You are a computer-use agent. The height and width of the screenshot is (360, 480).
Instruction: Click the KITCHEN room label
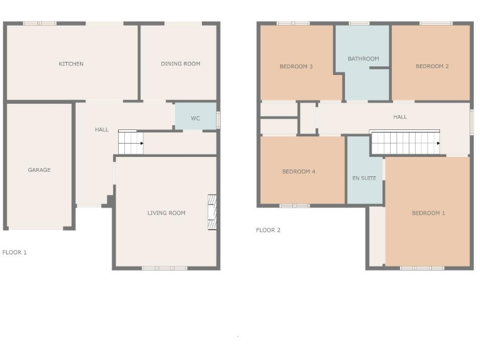71,64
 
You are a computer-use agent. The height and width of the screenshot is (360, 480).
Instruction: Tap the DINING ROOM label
180,64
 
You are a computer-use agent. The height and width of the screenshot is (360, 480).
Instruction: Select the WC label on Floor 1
195,118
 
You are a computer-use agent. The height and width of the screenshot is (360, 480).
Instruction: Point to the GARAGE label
39,170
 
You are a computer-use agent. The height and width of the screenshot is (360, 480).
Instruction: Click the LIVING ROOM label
166,213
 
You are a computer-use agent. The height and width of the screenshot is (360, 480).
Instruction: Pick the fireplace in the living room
212,213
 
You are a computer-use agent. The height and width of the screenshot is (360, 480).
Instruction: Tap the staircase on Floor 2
405,142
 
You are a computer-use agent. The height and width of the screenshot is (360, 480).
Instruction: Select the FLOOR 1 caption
14,252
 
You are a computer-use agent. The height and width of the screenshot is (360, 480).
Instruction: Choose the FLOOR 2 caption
268,230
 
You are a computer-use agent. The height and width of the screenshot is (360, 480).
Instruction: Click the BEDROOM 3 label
296,66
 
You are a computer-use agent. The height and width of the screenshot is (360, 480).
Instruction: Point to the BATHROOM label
363,59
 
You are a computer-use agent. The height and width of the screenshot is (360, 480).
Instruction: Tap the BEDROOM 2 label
432,66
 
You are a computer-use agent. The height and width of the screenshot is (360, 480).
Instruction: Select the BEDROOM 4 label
298,171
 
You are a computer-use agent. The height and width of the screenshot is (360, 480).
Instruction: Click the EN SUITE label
364,178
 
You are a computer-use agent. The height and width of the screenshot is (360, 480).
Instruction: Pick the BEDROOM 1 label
428,213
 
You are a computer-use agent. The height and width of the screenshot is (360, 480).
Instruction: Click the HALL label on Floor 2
400,117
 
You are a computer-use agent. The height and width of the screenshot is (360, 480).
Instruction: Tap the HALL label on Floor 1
101,130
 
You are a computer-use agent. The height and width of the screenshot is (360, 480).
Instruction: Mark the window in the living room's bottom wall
164,268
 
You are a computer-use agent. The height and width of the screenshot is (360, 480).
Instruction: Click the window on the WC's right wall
219,119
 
